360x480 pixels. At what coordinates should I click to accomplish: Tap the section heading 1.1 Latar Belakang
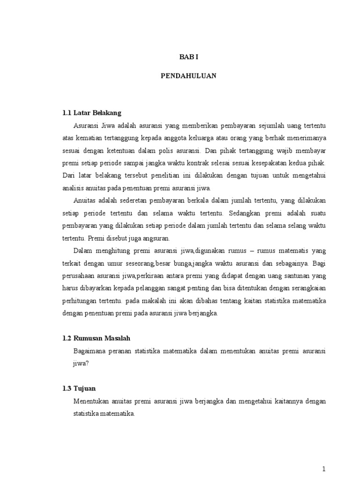tap(92, 113)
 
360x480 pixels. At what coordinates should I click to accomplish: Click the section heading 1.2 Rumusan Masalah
tap(97, 338)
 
